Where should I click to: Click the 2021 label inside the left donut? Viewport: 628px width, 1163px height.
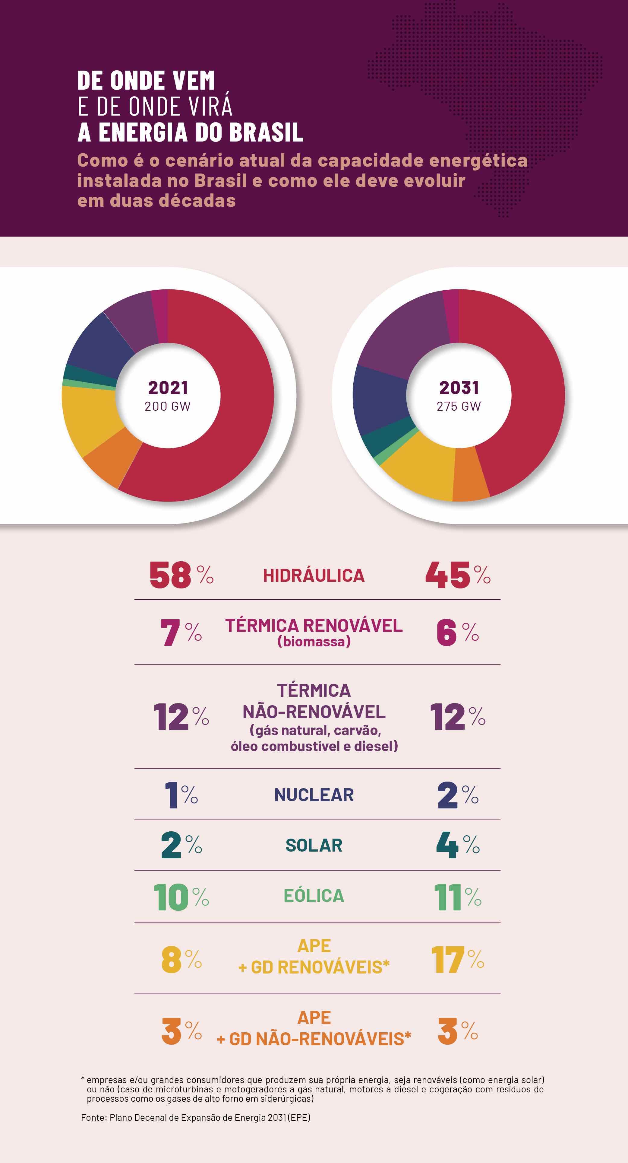coord(168,387)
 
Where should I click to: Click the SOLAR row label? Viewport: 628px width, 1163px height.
coord(314,846)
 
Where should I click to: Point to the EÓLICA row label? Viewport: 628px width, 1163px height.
coord(314,896)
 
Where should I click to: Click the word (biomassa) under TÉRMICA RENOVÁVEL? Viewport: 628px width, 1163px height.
coord(314,642)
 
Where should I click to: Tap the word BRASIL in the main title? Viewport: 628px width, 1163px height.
coord(266,132)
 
